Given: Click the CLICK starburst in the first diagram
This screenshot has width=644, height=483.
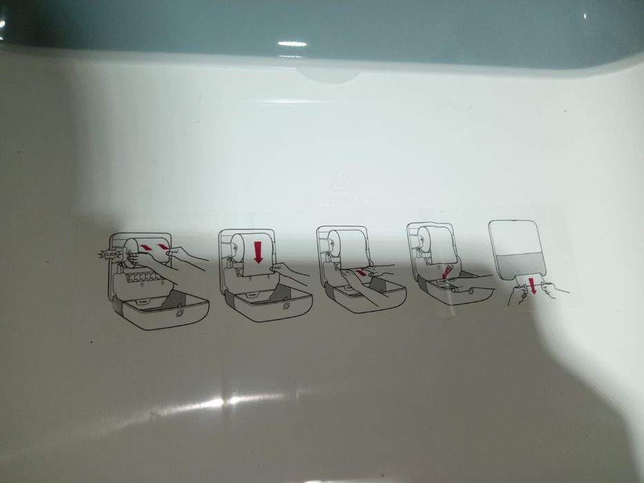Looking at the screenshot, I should (x=110, y=255).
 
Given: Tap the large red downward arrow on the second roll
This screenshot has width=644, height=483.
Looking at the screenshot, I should (x=259, y=251).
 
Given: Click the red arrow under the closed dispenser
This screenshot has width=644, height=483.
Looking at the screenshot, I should (x=531, y=284).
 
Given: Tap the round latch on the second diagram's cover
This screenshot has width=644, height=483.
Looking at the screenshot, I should (x=286, y=304).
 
